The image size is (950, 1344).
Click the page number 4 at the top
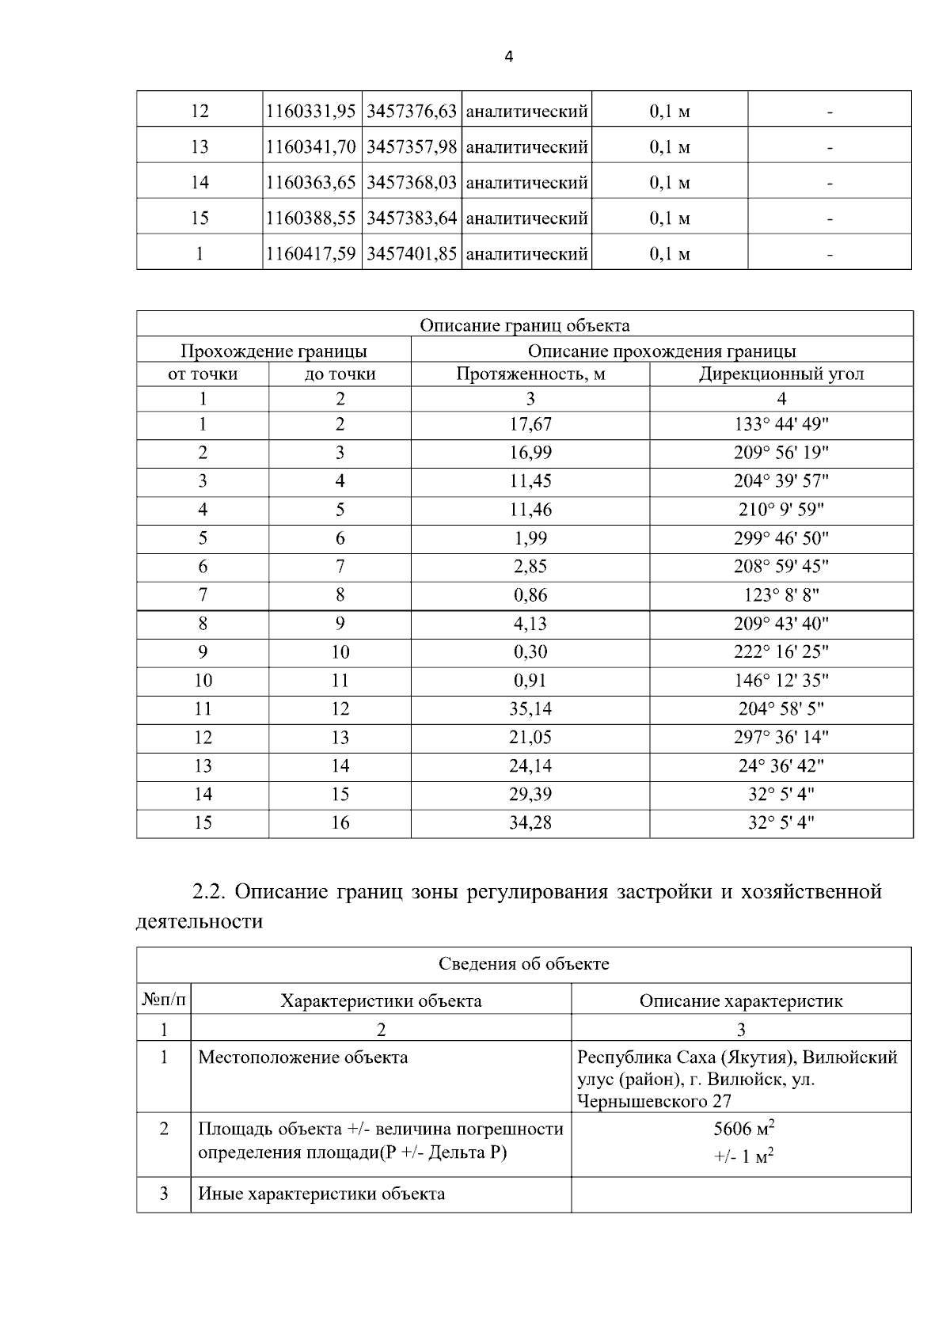click(508, 57)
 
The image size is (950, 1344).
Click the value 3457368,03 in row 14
click(412, 183)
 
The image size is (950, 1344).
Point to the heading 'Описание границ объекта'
click(524, 325)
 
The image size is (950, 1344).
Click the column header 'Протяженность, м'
click(530, 374)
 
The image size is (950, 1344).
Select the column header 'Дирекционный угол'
click(781, 374)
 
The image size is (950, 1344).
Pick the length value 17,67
click(530, 425)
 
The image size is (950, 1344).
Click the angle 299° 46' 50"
click(781, 539)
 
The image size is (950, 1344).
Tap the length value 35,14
click(530, 709)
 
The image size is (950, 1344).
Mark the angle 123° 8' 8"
click(781, 595)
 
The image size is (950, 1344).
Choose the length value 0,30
click(530, 652)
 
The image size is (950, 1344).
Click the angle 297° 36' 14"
click(781, 738)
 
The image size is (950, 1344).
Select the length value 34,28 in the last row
click(530, 823)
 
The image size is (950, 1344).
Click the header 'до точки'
click(340, 374)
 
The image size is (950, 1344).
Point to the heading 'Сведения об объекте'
click(524, 964)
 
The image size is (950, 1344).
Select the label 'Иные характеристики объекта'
click(321, 1194)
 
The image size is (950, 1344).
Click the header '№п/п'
click(164, 1000)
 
